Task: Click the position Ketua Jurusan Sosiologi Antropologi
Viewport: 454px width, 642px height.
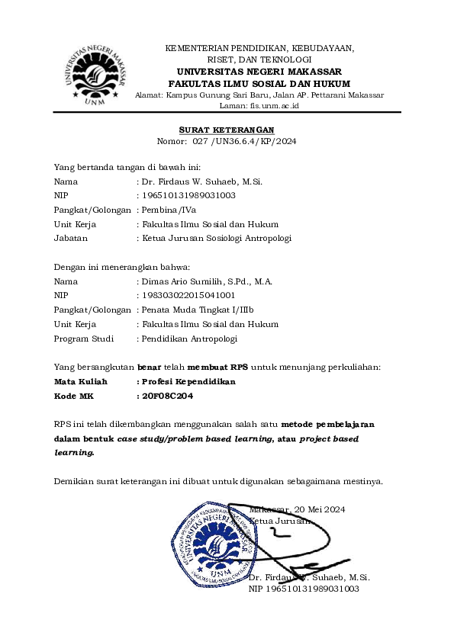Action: point(215,238)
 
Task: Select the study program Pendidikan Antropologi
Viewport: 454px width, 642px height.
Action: point(188,339)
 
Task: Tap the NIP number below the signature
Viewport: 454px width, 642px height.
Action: point(304,589)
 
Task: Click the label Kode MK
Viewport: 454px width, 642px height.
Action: point(73,396)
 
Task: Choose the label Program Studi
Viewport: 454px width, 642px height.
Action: point(83,339)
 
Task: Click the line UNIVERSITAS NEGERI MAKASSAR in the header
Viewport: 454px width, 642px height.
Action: point(259,71)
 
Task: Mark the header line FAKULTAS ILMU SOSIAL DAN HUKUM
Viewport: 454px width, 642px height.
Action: point(259,83)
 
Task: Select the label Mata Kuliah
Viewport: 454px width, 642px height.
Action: point(81,381)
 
